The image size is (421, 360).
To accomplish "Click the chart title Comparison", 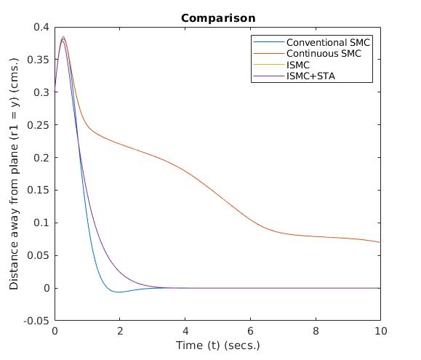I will (x=218, y=17).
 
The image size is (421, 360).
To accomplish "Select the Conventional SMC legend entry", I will (x=328, y=43).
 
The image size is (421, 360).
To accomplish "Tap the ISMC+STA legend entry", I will (x=311, y=76).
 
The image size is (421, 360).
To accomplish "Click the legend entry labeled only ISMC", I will (x=299, y=65).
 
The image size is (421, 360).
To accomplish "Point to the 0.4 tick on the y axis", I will (x=41, y=27).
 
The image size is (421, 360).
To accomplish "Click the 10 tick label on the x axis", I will (x=380, y=332).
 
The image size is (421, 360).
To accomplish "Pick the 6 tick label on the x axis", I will (x=250, y=332).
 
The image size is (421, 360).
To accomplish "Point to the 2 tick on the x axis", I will (x=120, y=332).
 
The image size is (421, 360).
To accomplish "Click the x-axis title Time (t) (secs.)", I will (x=217, y=345).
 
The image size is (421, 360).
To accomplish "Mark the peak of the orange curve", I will (x=63, y=37).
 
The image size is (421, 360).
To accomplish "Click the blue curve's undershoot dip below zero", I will (x=119, y=292).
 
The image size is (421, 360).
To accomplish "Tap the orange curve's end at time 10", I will (x=380, y=242).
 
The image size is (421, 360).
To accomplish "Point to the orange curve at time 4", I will (x=185, y=170).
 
